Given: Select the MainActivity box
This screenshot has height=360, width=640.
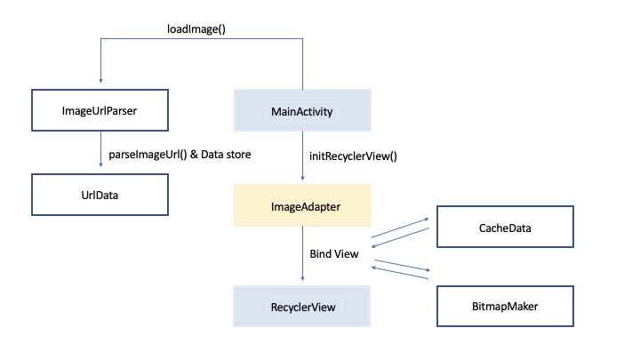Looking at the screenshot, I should pos(301,112).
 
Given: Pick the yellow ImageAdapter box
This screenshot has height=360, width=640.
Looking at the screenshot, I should pos(301,206).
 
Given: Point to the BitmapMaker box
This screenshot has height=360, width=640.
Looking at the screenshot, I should pos(504,307).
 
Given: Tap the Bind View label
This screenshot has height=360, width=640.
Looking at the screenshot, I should pos(333,254).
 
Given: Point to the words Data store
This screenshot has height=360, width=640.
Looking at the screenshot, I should pos(226,155).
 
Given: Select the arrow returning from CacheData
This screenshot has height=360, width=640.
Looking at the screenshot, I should pos(401,238).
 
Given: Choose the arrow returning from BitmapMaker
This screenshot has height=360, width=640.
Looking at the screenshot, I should pos(401,277).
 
